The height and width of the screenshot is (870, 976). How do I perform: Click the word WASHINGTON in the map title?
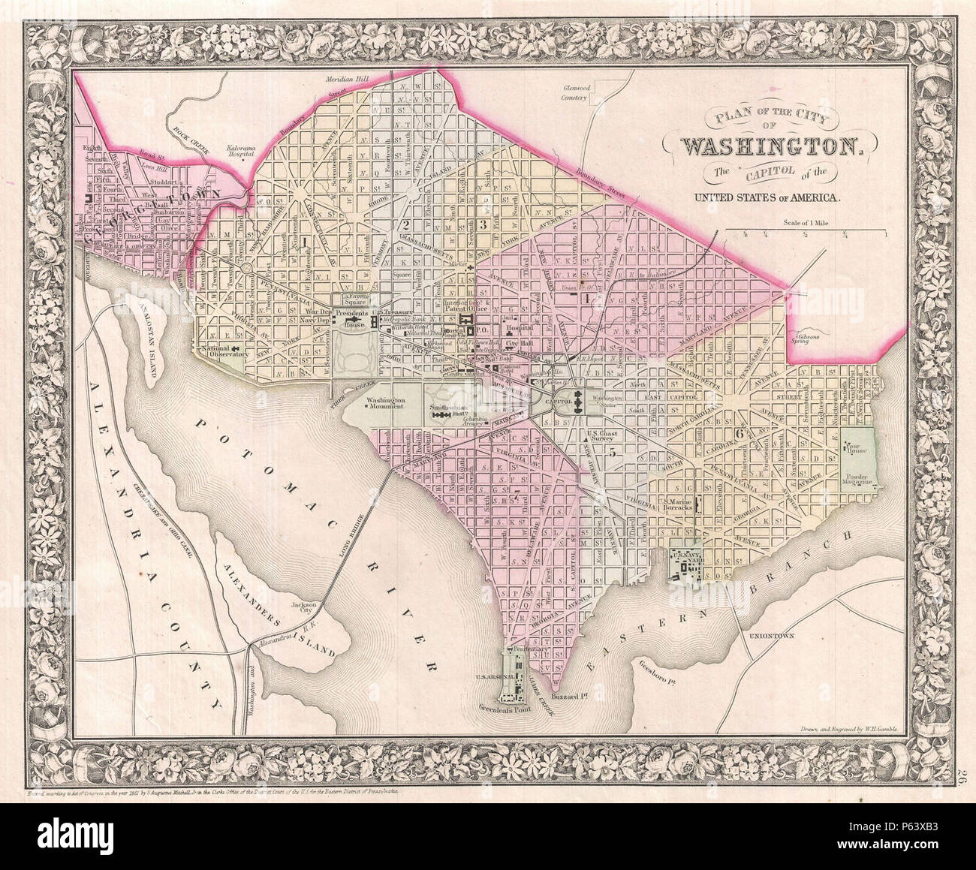tap(767, 145)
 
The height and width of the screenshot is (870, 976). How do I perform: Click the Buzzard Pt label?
tap(568, 697)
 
